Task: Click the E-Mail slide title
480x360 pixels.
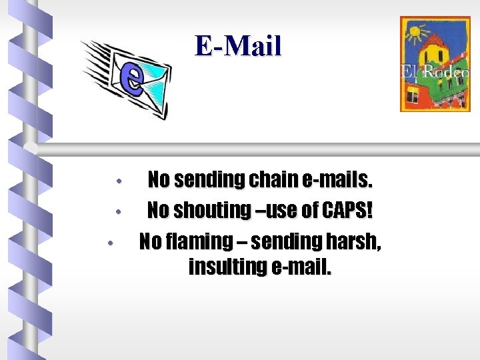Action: [x=238, y=46]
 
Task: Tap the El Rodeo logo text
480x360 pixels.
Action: [x=435, y=72]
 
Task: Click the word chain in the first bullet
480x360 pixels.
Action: [x=273, y=179]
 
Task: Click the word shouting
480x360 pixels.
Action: [x=209, y=210]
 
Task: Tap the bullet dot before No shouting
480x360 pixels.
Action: [x=117, y=212]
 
